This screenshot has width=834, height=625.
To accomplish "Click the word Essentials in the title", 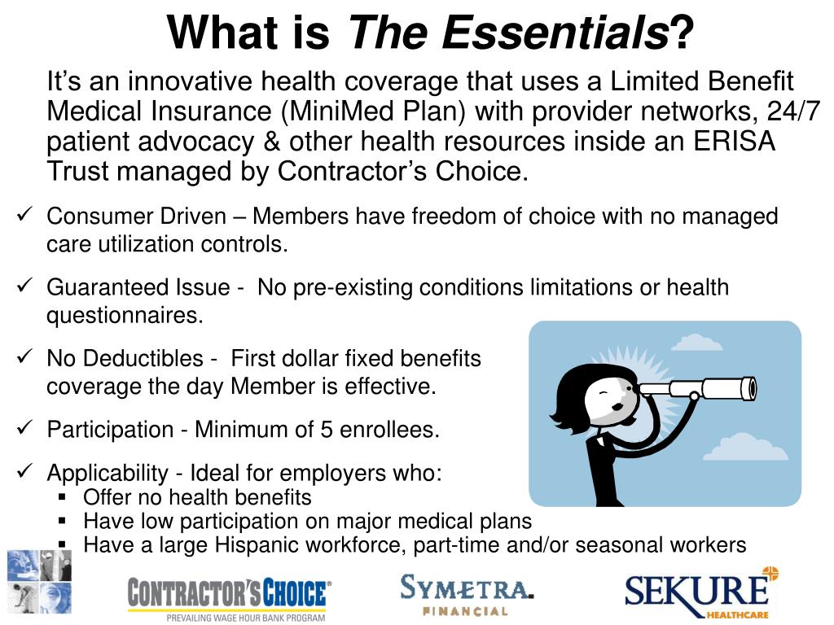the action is pyautogui.click(x=555, y=33).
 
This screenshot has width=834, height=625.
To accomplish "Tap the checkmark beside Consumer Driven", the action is pyautogui.click(x=25, y=214).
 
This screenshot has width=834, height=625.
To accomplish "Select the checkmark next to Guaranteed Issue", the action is pyautogui.click(x=25, y=286).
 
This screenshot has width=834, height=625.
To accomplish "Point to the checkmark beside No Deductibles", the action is pyautogui.click(x=25, y=356).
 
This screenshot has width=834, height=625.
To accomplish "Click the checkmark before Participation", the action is pyautogui.click(x=25, y=427).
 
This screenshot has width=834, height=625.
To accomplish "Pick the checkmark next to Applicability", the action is pyautogui.click(x=25, y=471).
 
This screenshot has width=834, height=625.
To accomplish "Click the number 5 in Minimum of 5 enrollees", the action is pyautogui.click(x=326, y=430).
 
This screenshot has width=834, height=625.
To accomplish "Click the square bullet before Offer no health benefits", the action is pyautogui.click(x=62, y=498).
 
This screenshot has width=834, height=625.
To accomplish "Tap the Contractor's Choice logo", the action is pyautogui.click(x=229, y=598).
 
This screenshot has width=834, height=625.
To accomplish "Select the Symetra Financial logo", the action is pyautogui.click(x=467, y=594).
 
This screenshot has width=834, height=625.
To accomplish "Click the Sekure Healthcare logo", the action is pyautogui.click(x=701, y=593).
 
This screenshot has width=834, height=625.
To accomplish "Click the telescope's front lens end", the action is pyautogui.click(x=750, y=387).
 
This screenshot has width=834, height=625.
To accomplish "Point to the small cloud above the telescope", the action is pyautogui.click(x=696, y=343).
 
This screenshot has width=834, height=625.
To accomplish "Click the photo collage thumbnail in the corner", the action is pyautogui.click(x=39, y=581).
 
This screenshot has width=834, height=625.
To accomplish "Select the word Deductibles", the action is pyautogui.click(x=143, y=359).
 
